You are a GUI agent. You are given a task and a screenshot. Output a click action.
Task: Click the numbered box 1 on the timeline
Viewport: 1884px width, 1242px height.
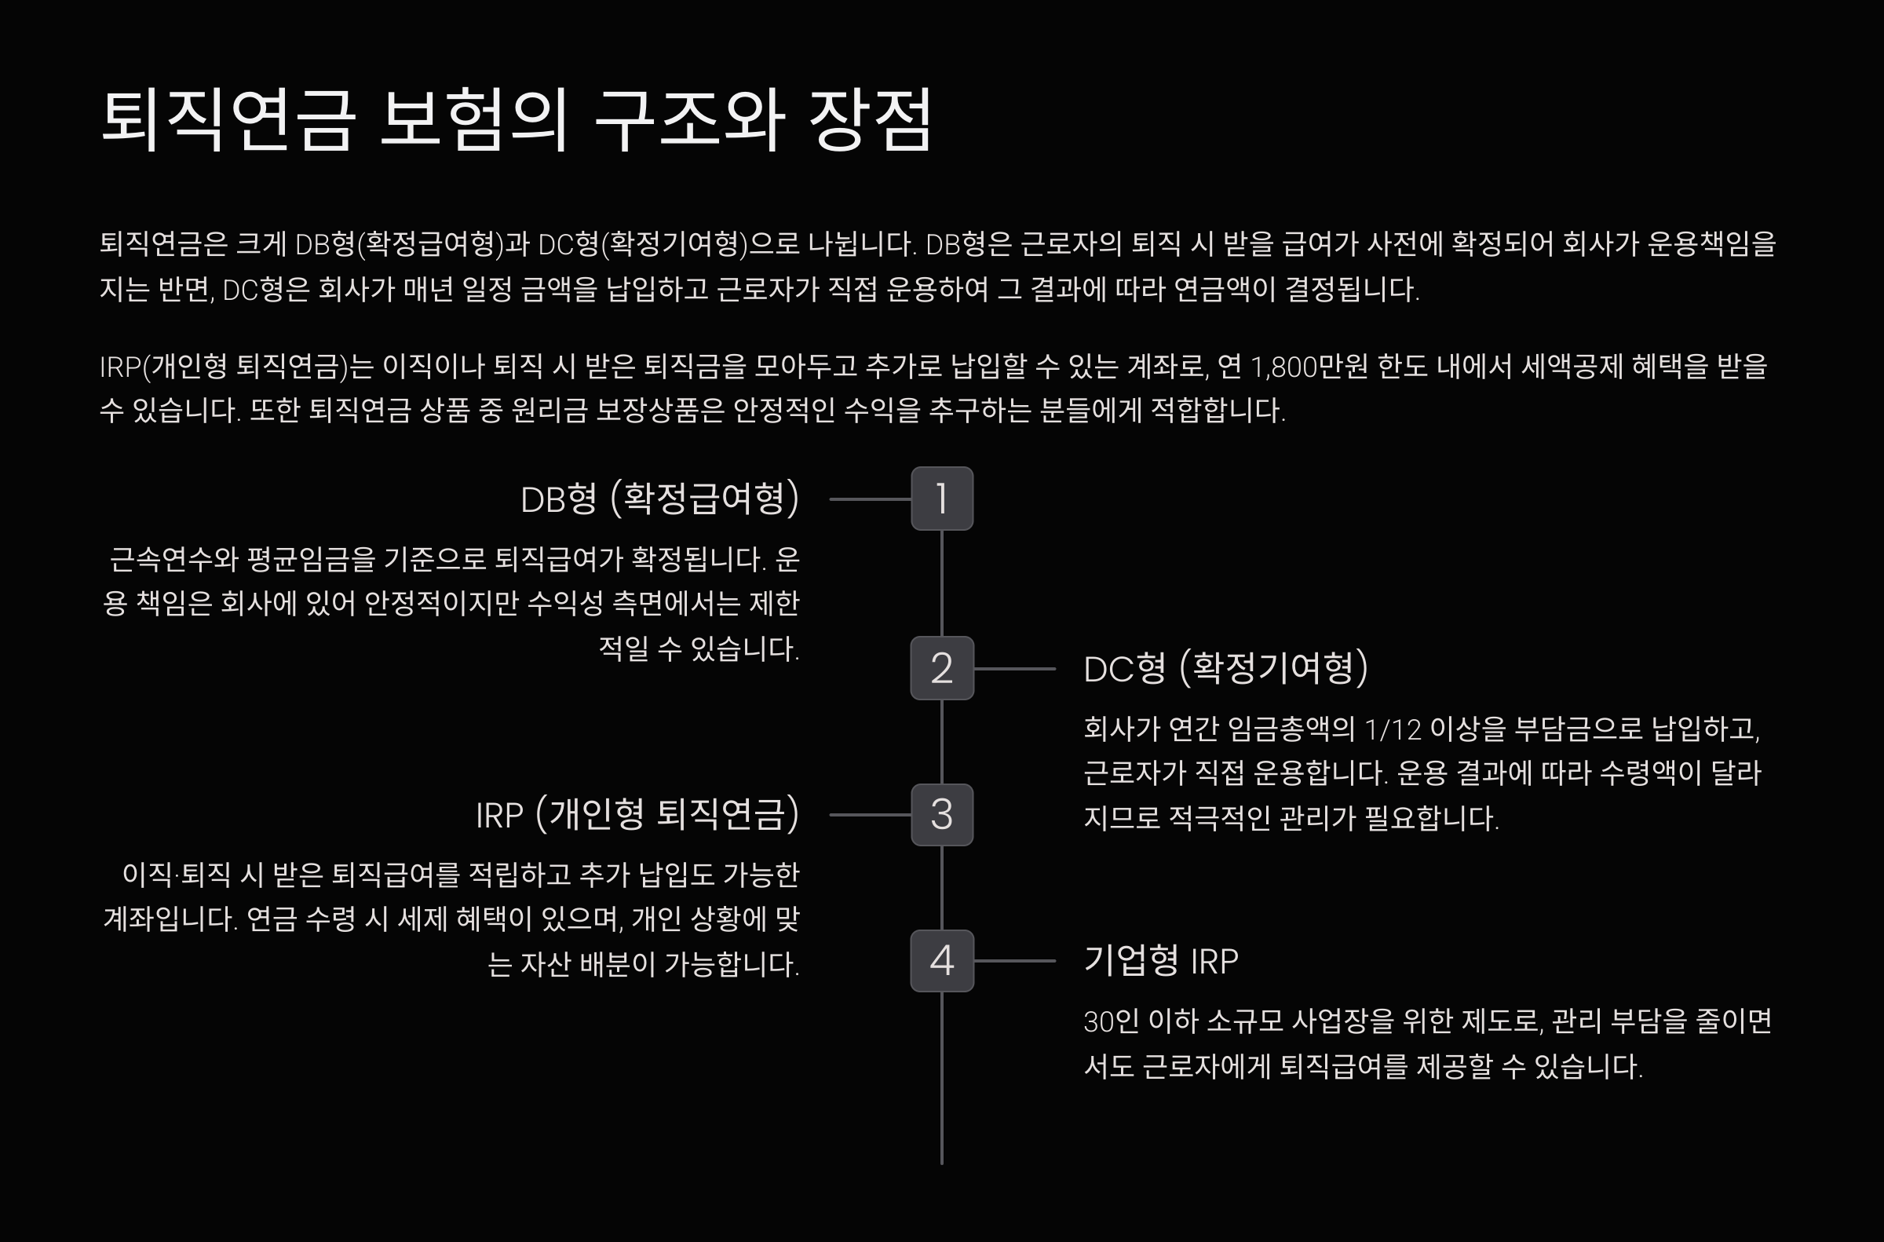point(941,499)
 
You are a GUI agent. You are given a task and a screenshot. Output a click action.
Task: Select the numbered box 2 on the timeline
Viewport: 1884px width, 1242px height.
point(941,668)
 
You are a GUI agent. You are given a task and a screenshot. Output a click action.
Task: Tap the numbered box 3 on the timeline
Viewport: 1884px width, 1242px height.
point(941,814)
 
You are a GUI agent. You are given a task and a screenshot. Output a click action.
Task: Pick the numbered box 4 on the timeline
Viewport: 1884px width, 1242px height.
point(941,960)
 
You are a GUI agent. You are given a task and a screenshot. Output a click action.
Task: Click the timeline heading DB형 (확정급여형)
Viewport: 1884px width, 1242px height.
point(659,499)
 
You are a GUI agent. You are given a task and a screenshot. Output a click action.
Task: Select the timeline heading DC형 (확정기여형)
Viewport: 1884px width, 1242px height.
point(1225,668)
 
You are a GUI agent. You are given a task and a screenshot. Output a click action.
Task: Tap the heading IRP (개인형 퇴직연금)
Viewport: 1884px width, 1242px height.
point(637,814)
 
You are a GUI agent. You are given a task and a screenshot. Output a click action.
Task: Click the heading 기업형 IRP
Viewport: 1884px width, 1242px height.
point(1160,960)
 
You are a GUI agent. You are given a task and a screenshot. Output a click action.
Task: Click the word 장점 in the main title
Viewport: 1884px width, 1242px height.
point(870,119)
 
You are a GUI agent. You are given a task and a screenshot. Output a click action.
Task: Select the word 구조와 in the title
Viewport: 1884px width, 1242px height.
point(689,119)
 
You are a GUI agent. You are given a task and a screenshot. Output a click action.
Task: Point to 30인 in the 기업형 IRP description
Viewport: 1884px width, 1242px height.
point(1111,1022)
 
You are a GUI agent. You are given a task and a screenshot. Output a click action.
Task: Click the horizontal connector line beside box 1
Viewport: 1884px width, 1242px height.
point(870,499)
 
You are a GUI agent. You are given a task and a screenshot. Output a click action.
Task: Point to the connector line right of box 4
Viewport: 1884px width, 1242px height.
point(1014,961)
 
